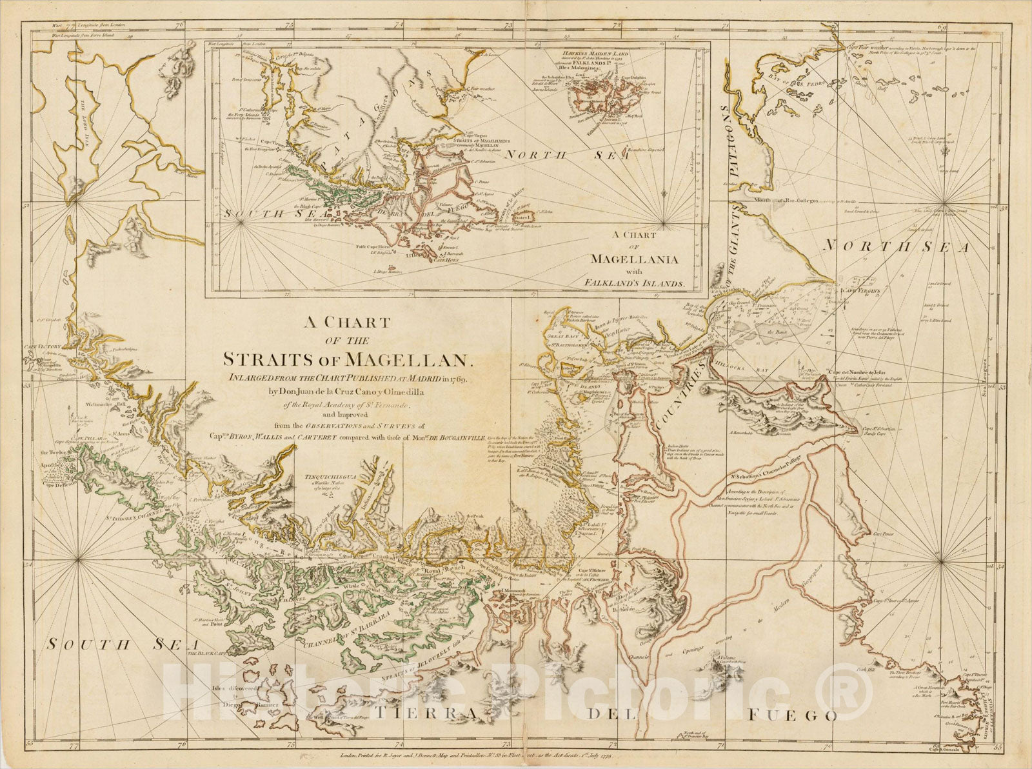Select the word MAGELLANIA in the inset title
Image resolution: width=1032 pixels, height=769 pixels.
(x=631, y=259)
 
